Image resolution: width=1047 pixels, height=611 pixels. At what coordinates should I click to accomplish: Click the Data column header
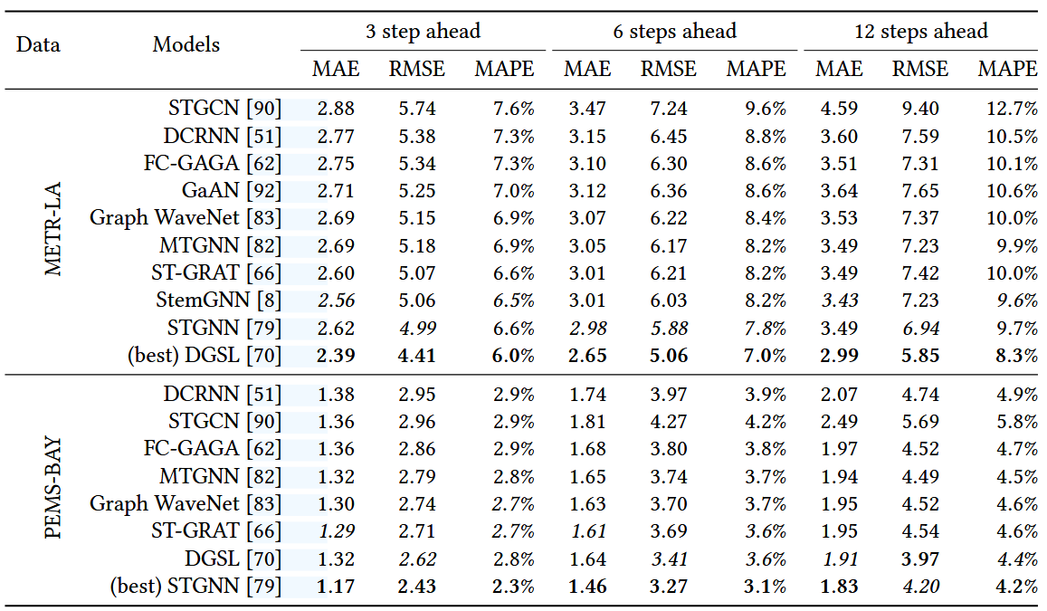[38, 44]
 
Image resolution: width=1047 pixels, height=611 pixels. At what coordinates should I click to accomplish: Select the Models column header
[186, 44]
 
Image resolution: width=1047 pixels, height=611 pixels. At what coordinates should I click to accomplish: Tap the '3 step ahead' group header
[423, 32]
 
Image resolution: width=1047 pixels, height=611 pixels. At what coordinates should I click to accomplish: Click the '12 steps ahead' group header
[921, 32]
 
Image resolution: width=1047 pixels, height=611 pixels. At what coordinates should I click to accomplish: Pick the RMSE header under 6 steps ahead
[669, 69]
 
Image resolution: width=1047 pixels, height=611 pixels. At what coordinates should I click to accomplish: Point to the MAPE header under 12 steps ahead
[1007, 69]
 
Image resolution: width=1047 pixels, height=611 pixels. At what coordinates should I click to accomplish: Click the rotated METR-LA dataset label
[52, 229]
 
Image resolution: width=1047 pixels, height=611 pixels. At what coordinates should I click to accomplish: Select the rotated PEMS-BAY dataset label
[52, 488]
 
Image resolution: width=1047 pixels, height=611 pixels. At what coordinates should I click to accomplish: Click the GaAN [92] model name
[232, 191]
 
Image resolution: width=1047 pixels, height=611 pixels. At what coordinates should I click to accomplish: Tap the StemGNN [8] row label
[219, 301]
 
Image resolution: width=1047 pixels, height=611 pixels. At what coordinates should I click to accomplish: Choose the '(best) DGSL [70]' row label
[205, 355]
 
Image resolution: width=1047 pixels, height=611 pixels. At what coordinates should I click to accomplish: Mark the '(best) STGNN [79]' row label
[195, 587]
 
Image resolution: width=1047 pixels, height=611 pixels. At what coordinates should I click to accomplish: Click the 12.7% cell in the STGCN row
[1013, 109]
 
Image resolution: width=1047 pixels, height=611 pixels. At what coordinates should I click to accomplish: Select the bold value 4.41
[416, 355]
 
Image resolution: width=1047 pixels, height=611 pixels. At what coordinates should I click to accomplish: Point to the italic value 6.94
[920, 328]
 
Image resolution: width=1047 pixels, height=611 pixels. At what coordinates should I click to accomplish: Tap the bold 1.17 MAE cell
[336, 587]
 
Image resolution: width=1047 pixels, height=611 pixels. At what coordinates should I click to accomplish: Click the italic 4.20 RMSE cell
[920, 587]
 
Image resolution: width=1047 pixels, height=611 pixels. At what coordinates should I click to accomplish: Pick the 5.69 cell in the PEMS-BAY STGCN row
[920, 422]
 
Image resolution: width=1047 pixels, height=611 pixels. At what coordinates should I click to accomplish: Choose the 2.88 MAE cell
[336, 109]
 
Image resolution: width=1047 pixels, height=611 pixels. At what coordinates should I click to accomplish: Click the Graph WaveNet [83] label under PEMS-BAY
[186, 504]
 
